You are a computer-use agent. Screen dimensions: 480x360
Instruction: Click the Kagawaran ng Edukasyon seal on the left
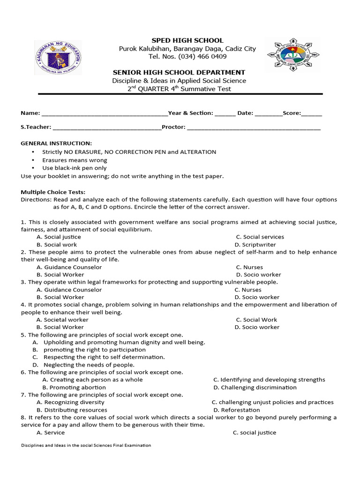[x=58, y=57]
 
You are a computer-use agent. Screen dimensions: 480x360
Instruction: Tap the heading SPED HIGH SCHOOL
[x=187, y=40]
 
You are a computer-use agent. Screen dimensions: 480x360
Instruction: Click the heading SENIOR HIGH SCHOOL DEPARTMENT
[x=179, y=72]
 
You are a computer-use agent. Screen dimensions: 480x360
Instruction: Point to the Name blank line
[x=105, y=113]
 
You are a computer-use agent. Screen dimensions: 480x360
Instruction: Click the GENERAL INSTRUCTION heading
[x=56, y=143]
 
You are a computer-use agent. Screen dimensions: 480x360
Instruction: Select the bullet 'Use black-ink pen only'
[x=74, y=168]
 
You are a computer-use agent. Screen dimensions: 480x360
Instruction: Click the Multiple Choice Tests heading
[x=53, y=192]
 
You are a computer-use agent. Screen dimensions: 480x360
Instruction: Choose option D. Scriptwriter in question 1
[x=255, y=245]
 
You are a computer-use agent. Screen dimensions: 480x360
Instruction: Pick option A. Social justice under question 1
[x=59, y=237]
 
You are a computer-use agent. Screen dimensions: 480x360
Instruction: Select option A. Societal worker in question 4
[x=62, y=320]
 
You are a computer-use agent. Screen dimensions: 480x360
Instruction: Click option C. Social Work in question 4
[x=256, y=320]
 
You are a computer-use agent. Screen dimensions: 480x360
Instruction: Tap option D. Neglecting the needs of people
[x=83, y=365]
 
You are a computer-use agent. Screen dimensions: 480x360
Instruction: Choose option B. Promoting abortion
[x=74, y=388]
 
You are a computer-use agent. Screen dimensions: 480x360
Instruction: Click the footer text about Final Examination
[x=86, y=445]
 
